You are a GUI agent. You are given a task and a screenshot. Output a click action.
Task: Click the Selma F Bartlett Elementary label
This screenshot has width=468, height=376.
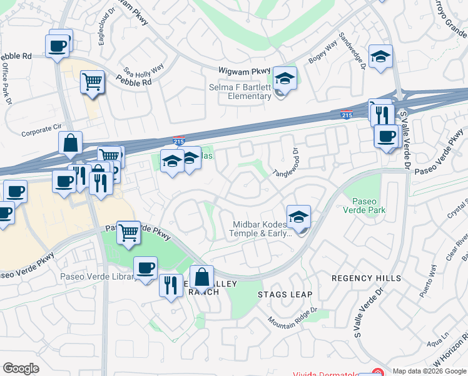click(x=240, y=91)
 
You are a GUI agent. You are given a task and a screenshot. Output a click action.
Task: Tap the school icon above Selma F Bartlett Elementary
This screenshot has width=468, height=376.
click(x=285, y=80)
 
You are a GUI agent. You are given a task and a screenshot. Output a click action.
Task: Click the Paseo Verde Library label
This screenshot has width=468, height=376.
click(x=95, y=276)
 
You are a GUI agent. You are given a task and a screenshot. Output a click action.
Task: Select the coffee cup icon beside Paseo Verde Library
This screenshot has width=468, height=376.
click(x=146, y=268)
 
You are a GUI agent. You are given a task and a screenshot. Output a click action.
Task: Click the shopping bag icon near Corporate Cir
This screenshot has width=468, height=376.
click(x=71, y=143)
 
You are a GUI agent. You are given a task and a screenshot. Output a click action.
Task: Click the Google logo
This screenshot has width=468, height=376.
click(x=21, y=368)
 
